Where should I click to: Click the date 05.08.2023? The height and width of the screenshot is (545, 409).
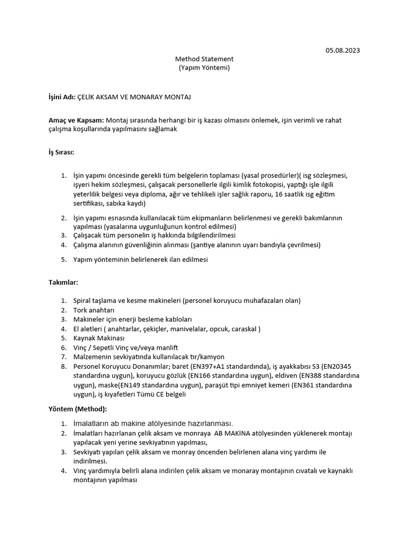click(x=342, y=51)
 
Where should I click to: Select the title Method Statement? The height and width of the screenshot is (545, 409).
click(x=204, y=59)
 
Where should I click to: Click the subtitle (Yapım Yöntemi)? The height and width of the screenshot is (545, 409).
click(x=204, y=68)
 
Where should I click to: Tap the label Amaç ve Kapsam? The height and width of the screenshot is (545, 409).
click(x=77, y=120)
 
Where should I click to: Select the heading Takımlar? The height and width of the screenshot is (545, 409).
click(x=63, y=282)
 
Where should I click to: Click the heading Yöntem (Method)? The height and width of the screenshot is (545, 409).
click(x=78, y=409)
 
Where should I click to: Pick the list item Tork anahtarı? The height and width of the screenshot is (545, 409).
click(x=94, y=310)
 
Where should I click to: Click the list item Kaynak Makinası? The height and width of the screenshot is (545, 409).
click(x=99, y=338)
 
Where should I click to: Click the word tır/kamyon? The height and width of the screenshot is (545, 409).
click(x=206, y=357)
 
